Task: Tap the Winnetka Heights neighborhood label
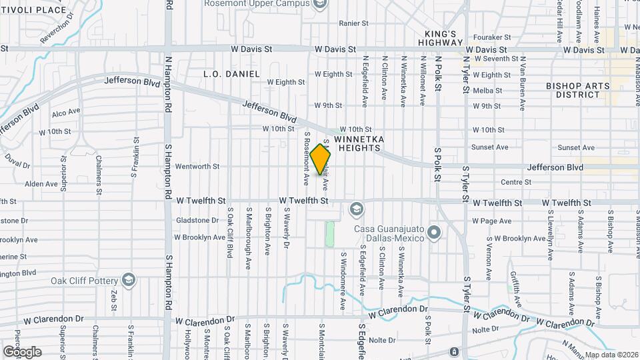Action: [x=359, y=143]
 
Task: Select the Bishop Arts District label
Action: [x=573, y=90]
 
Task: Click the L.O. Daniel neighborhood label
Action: [x=231, y=73]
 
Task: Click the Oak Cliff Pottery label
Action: [x=85, y=280]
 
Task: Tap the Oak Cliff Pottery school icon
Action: [x=129, y=280]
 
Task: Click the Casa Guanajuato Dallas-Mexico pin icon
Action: [x=435, y=233]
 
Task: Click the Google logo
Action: [x=22, y=351]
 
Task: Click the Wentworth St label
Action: [x=197, y=166]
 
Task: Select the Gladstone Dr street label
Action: [x=197, y=220]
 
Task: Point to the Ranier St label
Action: [x=353, y=23]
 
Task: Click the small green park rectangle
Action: [x=329, y=234]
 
